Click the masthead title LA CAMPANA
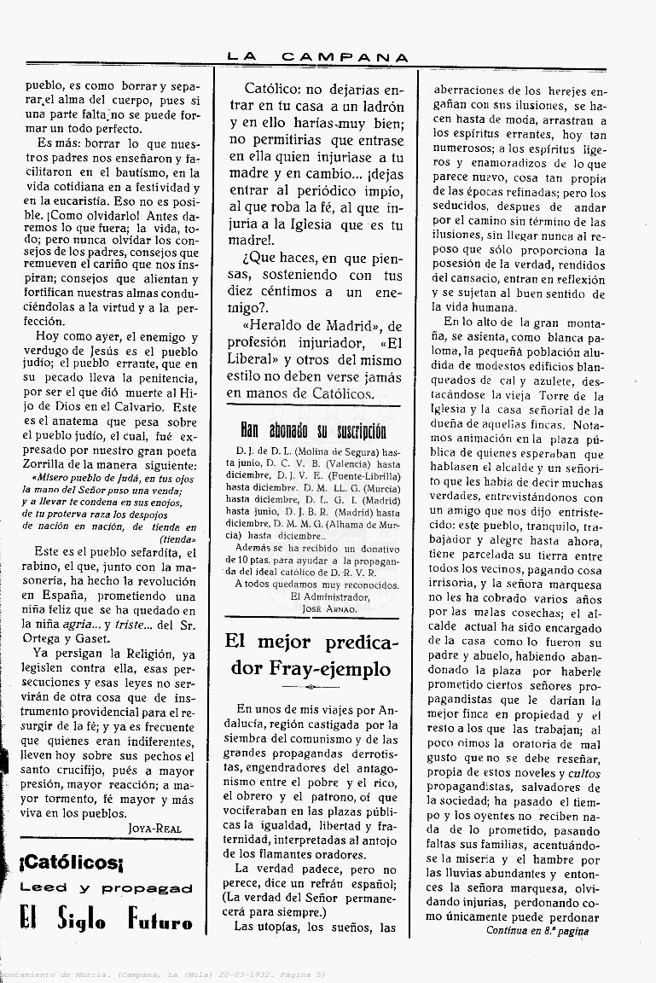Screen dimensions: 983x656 click(x=317, y=57)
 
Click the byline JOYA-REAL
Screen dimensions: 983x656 click(x=154, y=828)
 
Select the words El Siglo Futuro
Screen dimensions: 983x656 click(x=107, y=920)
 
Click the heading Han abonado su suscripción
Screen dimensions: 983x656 click(x=312, y=430)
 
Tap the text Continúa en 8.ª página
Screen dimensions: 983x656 click(x=537, y=931)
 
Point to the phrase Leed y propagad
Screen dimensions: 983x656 click(x=107, y=888)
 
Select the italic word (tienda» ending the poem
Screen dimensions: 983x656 click(x=177, y=538)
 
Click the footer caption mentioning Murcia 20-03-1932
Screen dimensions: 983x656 click(x=162, y=974)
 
